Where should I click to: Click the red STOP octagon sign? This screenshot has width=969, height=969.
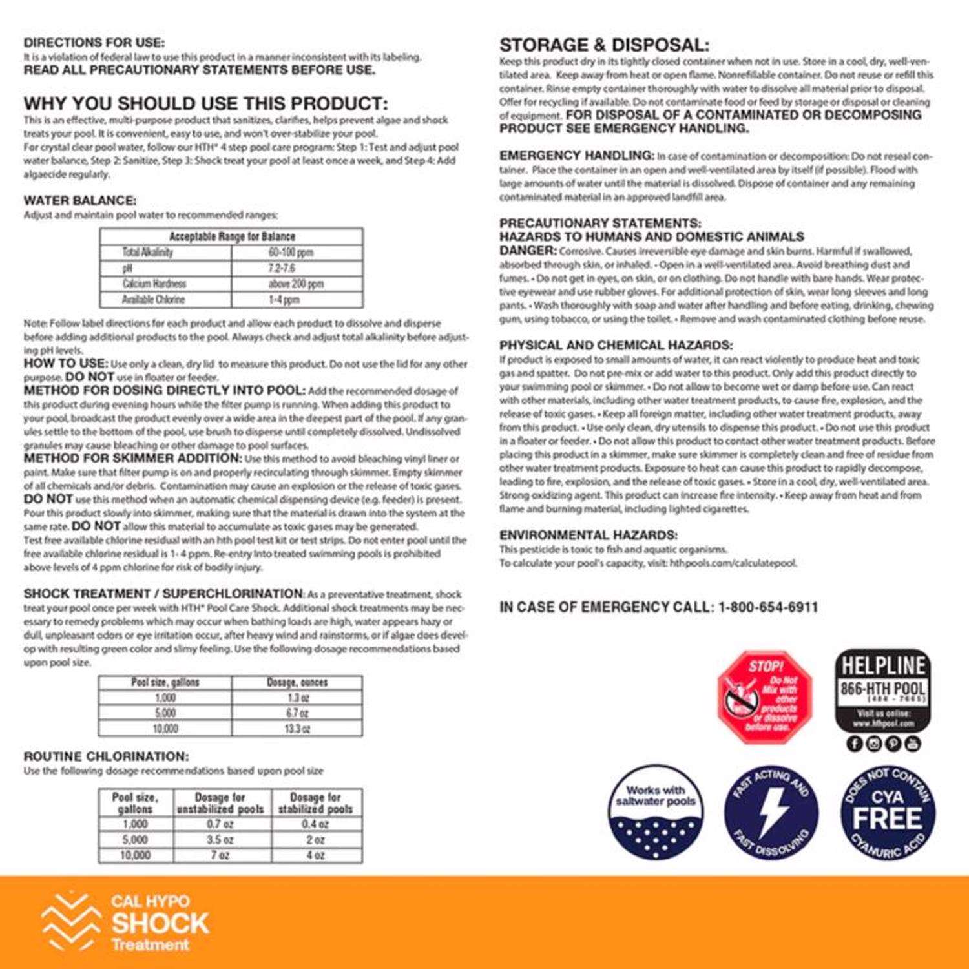point(765,697)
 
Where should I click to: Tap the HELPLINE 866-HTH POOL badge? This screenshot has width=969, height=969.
point(882,691)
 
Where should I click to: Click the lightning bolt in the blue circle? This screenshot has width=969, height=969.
point(773,813)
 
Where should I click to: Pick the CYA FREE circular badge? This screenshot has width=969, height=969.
point(888,813)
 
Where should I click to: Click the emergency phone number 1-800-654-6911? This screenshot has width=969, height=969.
point(768,607)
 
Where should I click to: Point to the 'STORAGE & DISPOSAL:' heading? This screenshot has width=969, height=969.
point(604,45)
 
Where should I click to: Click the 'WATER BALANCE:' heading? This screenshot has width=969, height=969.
point(80,201)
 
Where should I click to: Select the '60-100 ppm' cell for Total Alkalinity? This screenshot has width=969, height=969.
point(291,253)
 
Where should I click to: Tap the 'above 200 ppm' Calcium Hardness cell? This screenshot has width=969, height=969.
point(296,284)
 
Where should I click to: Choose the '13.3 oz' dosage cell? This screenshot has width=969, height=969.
point(297,729)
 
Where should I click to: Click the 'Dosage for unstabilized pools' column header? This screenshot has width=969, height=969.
point(220,803)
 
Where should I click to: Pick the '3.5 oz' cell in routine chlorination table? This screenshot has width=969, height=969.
point(220,840)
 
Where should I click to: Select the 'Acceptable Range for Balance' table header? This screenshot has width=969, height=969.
point(231,236)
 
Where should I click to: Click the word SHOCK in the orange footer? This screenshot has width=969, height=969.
point(160,923)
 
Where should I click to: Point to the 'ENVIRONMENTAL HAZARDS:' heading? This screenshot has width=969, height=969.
point(589,535)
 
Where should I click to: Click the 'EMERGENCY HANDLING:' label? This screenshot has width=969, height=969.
point(577,156)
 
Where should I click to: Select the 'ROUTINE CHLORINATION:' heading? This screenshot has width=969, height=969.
point(107,756)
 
